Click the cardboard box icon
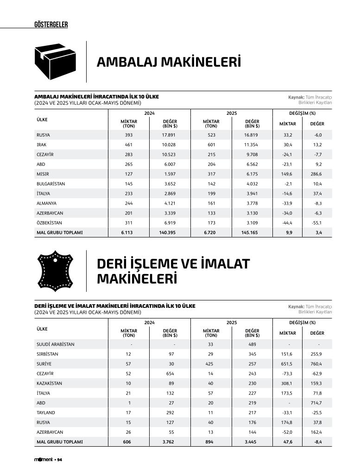point(55,62)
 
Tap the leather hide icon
point(55,271)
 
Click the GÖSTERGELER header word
point(51,25)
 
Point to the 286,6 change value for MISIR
point(317,174)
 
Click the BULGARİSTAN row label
point(51,184)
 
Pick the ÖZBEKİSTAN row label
point(50,223)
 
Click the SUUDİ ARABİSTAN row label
point(56,344)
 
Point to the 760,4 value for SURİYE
point(317,364)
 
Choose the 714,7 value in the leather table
point(317,403)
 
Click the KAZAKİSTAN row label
point(50,383)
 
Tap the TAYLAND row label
point(46,412)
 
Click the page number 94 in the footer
point(60,459)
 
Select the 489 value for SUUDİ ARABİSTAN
point(253,344)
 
